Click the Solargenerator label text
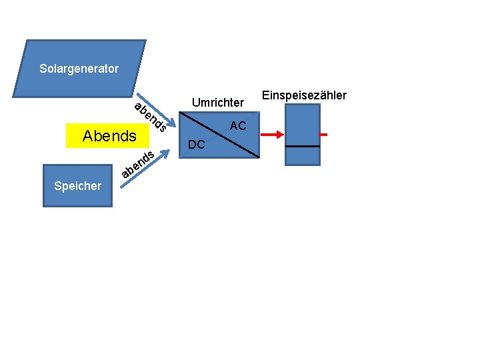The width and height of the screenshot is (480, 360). tap(79, 69)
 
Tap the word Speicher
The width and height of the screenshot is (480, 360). tap(77, 186)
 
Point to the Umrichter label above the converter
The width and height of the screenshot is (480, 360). tap(218, 103)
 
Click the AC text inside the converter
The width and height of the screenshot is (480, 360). tap(238, 126)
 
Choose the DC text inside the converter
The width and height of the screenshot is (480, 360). tap(197, 145)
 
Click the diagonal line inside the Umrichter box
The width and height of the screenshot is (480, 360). tap(219, 135)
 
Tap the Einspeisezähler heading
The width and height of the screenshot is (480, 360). tap(305, 95)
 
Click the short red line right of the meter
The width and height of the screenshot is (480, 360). tap(323, 135)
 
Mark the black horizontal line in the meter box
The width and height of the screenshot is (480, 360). tap(302, 146)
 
